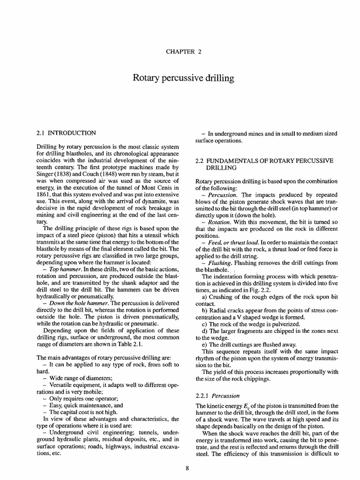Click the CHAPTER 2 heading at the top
point(180,52)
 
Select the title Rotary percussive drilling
point(180,78)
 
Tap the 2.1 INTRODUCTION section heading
point(67,133)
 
